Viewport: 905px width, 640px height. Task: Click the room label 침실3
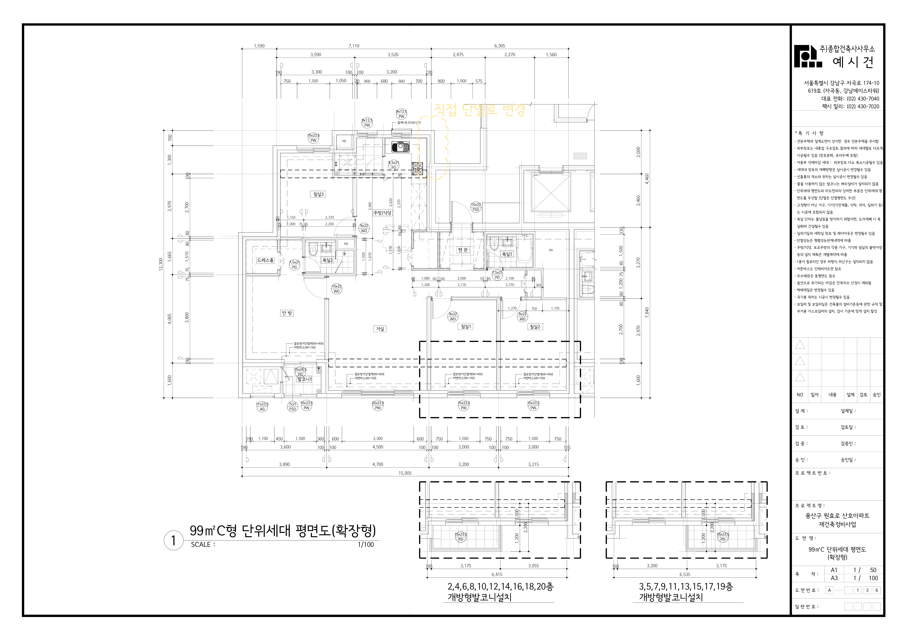(318, 194)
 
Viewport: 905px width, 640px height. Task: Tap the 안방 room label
(287, 313)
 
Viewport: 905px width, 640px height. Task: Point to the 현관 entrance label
(463, 250)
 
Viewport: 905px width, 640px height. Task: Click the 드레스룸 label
(265, 261)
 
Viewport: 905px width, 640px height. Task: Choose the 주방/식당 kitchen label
(382, 213)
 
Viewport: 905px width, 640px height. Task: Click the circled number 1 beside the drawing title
(173, 541)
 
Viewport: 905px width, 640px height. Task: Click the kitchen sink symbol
(401, 147)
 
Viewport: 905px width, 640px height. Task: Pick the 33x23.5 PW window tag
(378, 406)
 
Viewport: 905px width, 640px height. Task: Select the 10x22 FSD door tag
(476, 207)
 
